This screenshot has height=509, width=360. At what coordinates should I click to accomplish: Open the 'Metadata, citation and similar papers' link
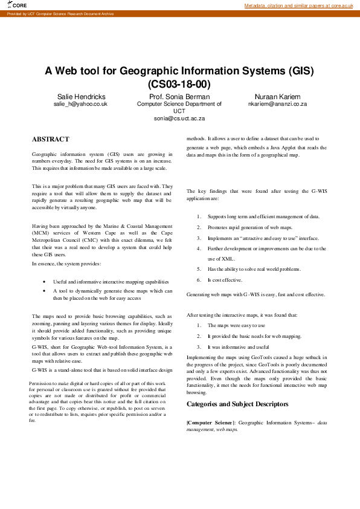click(298, 5)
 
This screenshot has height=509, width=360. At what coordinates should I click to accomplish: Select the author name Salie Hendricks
click(81, 97)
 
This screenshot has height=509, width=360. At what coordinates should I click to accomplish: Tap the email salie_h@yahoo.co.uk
click(81, 104)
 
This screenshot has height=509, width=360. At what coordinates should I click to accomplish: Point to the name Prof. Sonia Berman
click(179, 97)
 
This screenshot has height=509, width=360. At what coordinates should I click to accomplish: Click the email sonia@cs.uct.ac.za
click(179, 118)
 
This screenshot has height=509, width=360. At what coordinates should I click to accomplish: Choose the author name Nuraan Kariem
click(277, 97)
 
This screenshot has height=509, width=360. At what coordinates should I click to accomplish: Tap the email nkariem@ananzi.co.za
click(277, 104)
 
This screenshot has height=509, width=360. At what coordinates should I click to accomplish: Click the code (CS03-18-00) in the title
click(179, 84)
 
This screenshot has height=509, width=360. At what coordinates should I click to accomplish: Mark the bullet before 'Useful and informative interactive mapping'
click(45, 282)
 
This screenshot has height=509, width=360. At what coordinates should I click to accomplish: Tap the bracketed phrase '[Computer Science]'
click(211, 423)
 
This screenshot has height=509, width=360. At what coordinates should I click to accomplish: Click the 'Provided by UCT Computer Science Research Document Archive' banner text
click(60, 13)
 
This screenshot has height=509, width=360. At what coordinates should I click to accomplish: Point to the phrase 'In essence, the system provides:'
click(66, 264)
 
